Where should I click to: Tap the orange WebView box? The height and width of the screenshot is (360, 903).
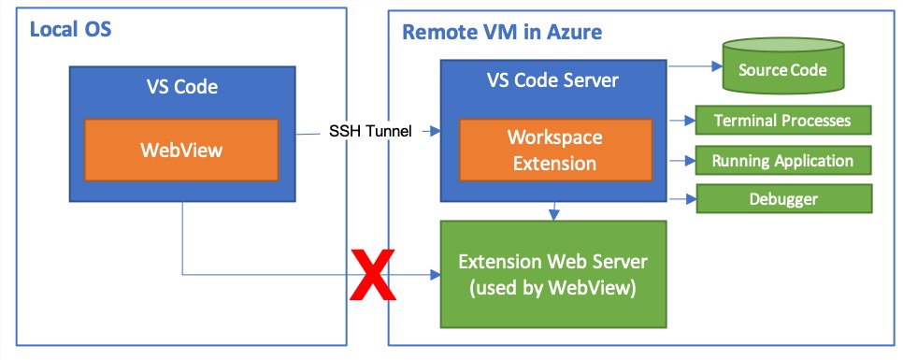coord(181,150)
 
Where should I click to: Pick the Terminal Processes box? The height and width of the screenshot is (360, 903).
coord(783,121)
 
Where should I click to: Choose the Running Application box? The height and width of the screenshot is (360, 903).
coord(783,160)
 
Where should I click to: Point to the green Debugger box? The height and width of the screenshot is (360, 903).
coord(783,199)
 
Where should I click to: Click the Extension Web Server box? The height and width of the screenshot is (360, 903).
coord(553,274)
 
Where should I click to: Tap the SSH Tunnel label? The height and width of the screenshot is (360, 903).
coord(370,130)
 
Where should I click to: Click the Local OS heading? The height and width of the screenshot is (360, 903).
coord(70,30)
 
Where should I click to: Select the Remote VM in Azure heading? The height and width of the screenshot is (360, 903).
coord(501,33)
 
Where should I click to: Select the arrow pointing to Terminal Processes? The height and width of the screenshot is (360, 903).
coord(682,121)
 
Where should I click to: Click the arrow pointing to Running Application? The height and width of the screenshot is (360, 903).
coord(682,160)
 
